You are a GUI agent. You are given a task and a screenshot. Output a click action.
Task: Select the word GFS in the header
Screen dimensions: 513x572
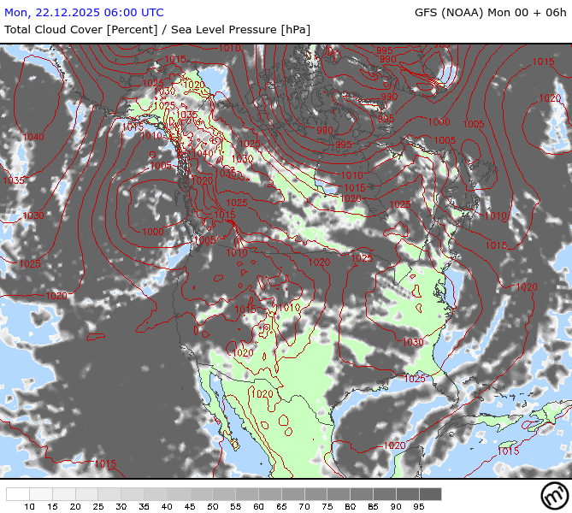(428, 13)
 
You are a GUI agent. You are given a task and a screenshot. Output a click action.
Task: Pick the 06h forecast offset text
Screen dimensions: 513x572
(555, 13)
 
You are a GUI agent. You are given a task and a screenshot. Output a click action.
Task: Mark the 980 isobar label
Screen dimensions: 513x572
(325, 130)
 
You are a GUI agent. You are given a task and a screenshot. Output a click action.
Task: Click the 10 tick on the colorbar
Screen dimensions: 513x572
(29, 507)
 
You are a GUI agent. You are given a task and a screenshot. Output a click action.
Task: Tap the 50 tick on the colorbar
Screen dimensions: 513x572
(213, 507)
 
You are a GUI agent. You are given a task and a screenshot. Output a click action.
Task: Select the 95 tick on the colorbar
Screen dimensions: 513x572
(419, 507)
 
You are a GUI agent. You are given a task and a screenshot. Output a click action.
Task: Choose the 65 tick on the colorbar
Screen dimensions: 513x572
(281, 507)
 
